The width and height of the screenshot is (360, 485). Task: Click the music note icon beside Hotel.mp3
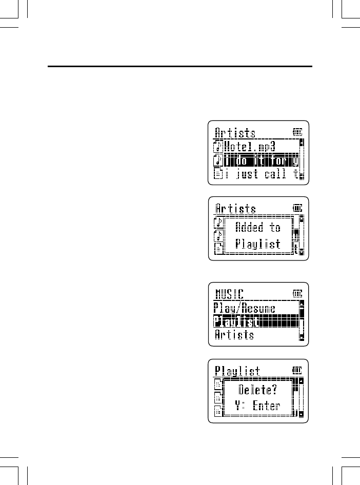click(x=217, y=147)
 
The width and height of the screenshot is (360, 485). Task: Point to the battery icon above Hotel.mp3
click(x=297, y=132)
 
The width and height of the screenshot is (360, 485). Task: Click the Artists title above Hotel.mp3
click(x=235, y=133)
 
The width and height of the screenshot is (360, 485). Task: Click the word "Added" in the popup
click(x=249, y=227)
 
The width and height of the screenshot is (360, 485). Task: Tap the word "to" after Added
click(x=275, y=227)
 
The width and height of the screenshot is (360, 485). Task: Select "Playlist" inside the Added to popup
click(x=258, y=244)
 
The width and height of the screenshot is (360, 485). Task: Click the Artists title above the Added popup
click(x=235, y=209)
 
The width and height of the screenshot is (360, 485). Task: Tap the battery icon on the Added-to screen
click(x=297, y=209)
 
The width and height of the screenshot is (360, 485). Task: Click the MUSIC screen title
click(x=229, y=294)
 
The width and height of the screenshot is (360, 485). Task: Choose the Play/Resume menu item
click(x=245, y=309)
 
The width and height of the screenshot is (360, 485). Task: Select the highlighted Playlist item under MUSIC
click(x=236, y=322)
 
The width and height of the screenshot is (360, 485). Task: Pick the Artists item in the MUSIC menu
click(x=234, y=335)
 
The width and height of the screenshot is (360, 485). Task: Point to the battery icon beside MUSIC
click(x=297, y=294)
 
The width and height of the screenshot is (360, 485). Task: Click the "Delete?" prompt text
click(x=258, y=389)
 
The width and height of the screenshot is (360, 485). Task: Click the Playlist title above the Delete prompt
click(x=237, y=371)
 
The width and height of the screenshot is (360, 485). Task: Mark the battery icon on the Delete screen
click(x=297, y=371)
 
